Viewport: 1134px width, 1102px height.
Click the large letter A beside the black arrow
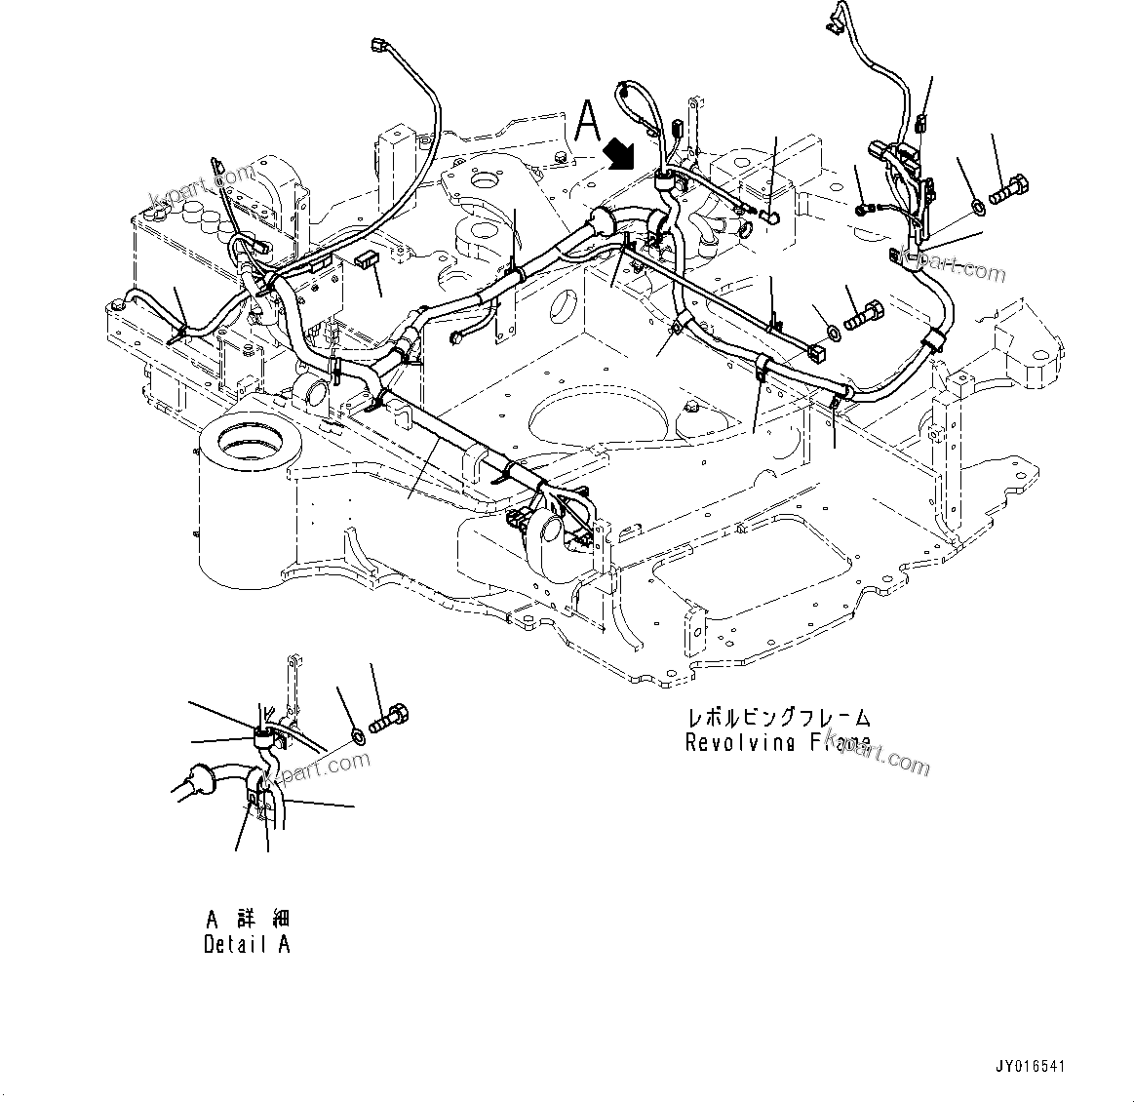587,123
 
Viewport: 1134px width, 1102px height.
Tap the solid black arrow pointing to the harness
618,151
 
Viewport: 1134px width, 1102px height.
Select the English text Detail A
247,944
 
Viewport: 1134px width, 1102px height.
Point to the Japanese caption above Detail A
248,919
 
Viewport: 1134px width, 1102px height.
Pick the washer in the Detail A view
358,733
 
